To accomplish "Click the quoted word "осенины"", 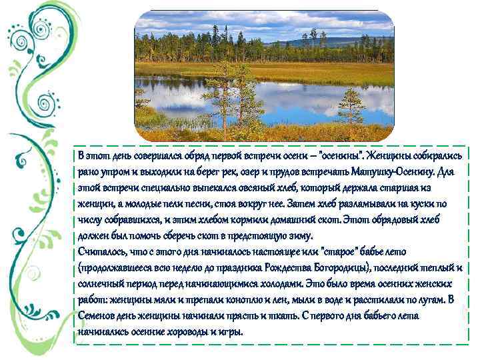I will tap(339, 155).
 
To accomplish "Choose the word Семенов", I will tap(100, 315).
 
